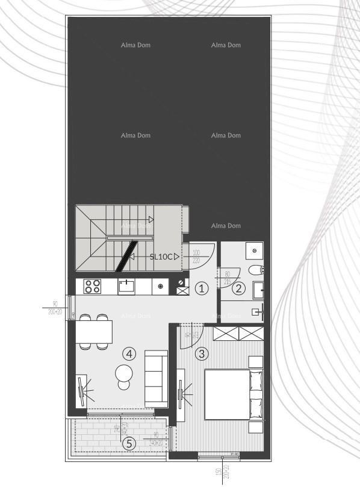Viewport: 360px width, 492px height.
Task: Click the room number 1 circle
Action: pos(202,288)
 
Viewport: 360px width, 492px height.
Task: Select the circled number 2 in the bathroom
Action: pos(240,288)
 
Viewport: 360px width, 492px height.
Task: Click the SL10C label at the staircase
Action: pos(161,257)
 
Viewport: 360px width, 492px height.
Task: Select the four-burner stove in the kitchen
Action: pos(92,287)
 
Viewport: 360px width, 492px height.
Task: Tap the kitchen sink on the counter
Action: pos(127,286)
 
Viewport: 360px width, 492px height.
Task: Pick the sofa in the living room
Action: pos(155,378)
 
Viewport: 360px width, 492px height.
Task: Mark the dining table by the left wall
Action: pos(94,331)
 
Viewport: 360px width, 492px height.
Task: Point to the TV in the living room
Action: pos(80,391)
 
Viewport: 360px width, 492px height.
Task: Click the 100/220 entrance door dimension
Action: pos(196,257)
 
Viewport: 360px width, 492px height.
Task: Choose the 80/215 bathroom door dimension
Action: pos(226,277)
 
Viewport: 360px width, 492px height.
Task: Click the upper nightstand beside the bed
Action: pos(255,362)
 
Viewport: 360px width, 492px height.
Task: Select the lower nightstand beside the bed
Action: pos(255,428)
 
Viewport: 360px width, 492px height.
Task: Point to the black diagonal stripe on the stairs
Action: pos(126,254)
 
